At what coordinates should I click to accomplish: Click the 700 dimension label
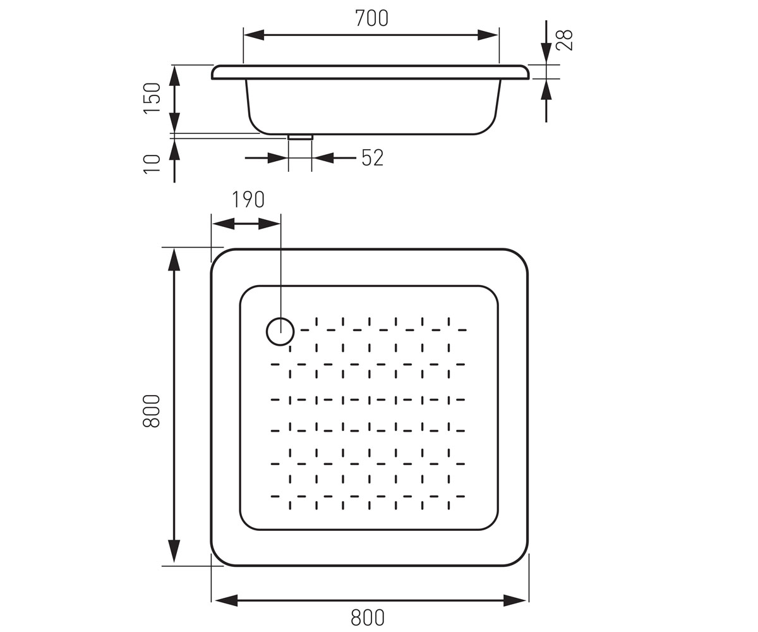[372, 18]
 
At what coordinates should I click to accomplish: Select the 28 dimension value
[565, 40]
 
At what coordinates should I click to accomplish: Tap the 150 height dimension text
[152, 98]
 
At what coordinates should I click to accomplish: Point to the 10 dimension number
[152, 164]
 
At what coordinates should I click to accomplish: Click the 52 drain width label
[373, 157]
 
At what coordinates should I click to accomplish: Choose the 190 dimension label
[248, 200]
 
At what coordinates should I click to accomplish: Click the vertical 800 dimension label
[152, 411]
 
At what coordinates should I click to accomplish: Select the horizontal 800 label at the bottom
[368, 617]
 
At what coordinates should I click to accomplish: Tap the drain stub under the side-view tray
[300, 137]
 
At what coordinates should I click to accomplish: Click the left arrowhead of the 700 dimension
[254, 35]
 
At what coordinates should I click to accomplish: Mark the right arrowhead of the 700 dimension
[488, 35]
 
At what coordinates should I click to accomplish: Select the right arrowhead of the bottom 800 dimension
[515, 600]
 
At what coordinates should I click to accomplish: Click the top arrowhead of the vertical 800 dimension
[174, 260]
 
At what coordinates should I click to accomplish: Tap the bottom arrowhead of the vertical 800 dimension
[174, 551]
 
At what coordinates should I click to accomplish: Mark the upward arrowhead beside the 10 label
[174, 149]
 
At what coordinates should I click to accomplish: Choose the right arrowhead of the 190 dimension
[269, 224]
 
